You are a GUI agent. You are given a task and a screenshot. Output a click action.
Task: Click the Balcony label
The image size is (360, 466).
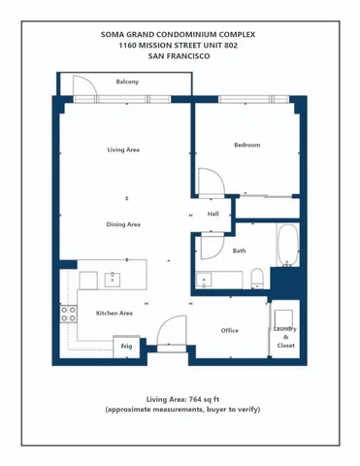127,82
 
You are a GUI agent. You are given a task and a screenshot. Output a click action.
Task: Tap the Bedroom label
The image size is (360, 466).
246,145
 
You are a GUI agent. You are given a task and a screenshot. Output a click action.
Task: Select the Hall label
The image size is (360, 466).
213,214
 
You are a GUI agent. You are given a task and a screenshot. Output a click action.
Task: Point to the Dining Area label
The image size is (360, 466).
123,224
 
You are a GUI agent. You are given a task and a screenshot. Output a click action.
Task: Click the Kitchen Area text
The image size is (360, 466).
114,314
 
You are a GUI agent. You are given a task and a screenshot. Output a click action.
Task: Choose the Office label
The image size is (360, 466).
229,330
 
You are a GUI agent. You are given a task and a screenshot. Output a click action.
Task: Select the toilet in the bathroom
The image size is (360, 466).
256,279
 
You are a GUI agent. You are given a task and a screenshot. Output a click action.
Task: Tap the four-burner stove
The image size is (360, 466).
69,314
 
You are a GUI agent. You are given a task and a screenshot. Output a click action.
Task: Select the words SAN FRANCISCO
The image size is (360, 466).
180,57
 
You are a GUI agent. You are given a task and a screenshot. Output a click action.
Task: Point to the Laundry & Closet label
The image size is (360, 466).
285,337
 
